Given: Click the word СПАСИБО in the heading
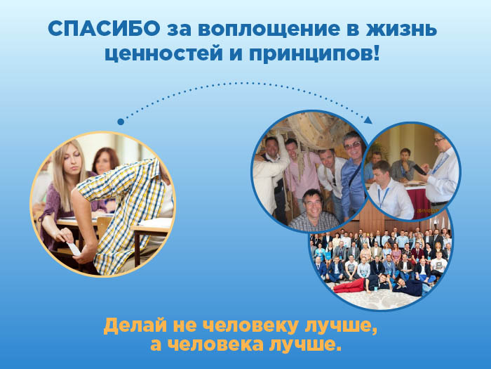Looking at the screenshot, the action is click(x=104, y=29).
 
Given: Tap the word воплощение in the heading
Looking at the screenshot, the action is click(x=269, y=30).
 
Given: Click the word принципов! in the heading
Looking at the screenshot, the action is click(x=314, y=53).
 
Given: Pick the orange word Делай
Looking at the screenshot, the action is click(x=135, y=326).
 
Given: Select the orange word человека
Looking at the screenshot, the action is click(x=215, y=345).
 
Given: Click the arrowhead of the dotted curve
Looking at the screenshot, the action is click(x=368, y=120).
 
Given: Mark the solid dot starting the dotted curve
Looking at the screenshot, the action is click(x=121, y=122).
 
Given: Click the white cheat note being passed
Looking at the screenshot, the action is click(x=74, y=249).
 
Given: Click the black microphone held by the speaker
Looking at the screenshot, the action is click(x=419, y=170).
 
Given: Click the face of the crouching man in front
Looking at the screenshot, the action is click(x=313, y=202).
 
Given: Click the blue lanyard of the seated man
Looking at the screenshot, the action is click(x=383, y=197).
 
